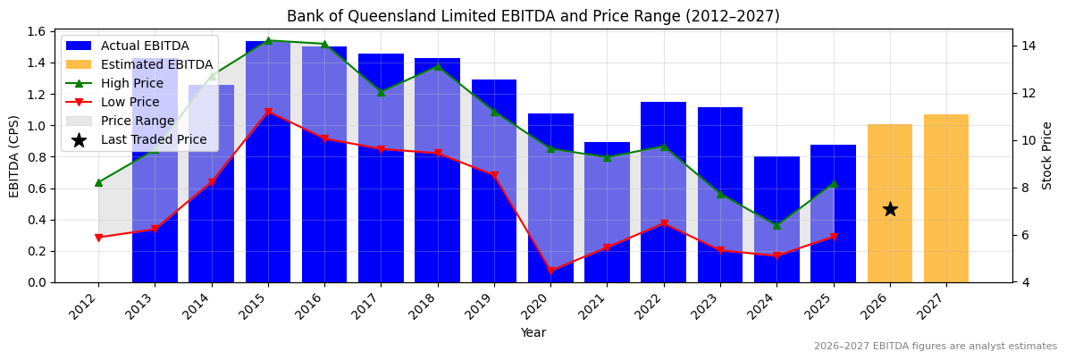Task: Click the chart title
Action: point(533,16)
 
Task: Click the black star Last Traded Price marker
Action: point(890,209)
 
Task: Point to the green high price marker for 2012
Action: point(98,182)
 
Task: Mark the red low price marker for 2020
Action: point(550,271)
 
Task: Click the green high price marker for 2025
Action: point(833,184)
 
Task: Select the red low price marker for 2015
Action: point(268,112)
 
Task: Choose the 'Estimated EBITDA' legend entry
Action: point(156,64)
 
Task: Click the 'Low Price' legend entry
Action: point(132,102)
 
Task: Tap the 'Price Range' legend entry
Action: point(138,121)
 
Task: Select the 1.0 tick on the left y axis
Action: point(38,125)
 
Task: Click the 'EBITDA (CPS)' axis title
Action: point(14,156)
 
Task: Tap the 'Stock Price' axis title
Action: point(1047,156)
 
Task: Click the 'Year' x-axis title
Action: point(533,333)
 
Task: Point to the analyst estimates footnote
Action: point(935,347)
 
